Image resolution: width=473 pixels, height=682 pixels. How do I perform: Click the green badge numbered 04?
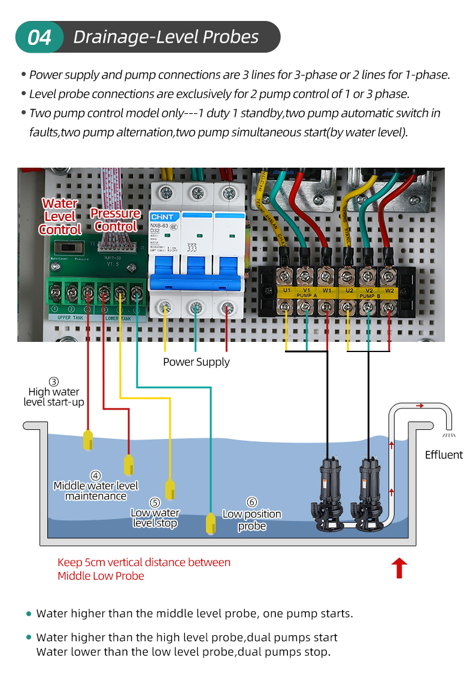tap(40, 37)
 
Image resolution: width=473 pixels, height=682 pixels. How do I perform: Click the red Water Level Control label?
tap(60, 217)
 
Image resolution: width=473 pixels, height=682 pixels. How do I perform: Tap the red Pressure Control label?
tap(116, 220)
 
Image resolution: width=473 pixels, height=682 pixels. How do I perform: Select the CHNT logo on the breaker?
tap(162, 217)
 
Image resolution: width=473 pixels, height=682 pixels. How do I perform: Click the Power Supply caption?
tap(196, 362)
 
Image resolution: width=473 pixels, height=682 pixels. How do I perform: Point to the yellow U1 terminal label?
tap(287, 290)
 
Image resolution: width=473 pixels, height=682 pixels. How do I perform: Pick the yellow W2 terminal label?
tap(389, 290)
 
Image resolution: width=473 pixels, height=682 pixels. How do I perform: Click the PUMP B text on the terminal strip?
tap(368, 296)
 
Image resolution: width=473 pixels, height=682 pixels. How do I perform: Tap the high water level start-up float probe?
tap(88, 439)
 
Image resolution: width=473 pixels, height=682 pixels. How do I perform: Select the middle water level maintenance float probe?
tap(129, 464)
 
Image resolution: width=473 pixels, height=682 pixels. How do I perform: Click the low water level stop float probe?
tap(170, 487)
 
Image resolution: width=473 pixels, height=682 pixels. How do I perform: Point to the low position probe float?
tap(211, 523)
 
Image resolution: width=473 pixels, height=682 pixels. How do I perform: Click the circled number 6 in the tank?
tap(252, 502)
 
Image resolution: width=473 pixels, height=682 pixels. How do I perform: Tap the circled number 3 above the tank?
tap(54, 381)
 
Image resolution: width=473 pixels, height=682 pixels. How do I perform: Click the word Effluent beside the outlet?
tap(444, 454)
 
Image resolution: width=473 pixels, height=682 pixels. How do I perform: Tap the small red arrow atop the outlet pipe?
tap(420, 405)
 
